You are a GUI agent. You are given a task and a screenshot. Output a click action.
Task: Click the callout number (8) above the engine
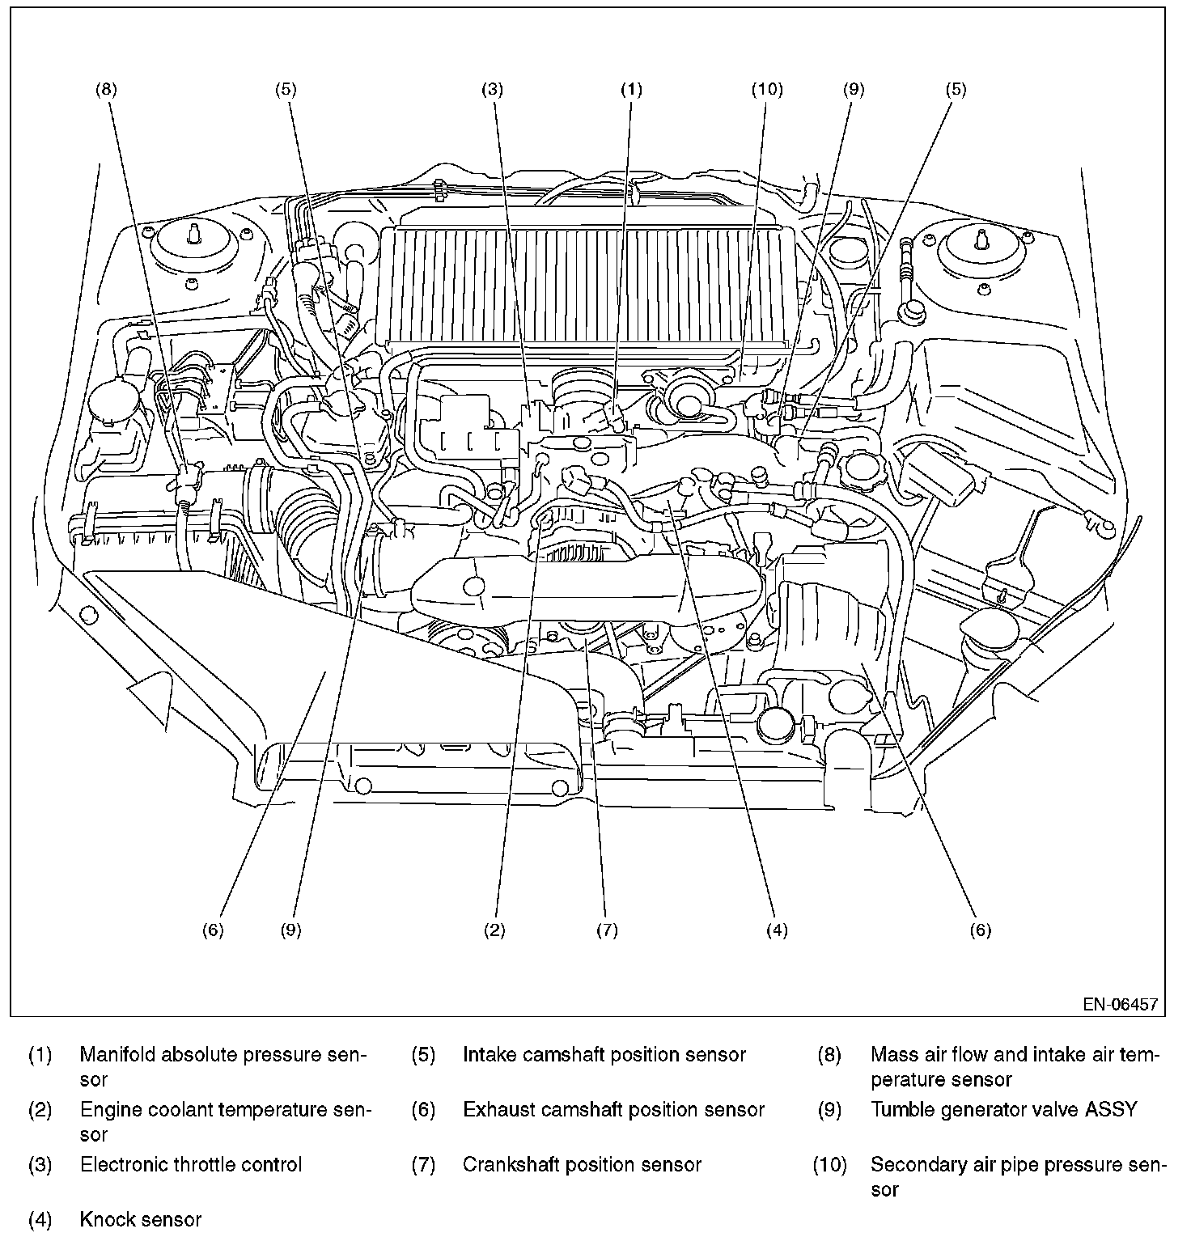tap(106, 89)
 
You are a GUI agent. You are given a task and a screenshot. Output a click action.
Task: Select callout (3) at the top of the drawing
tap(493, 89)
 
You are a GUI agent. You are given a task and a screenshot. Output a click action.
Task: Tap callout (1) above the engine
tap(631, 89)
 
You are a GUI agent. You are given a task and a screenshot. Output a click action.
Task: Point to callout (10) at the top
tap(767, 89)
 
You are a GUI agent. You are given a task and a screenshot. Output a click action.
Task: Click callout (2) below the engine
tap(494, 930)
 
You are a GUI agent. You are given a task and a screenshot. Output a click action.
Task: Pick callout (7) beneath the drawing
tap(607, 930)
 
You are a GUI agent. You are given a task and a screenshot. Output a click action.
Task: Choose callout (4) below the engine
tap(777, 930)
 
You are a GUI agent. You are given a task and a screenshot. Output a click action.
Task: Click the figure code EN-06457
tap(1121, 1004)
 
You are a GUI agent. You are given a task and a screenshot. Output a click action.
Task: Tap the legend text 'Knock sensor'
tap(141, 1219)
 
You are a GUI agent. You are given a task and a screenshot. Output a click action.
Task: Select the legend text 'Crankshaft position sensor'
tap(582, 1164)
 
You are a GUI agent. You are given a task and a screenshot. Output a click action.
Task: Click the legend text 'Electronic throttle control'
tap(191, 1164)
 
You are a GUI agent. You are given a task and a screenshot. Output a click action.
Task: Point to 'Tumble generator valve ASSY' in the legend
tap(1003, 1109)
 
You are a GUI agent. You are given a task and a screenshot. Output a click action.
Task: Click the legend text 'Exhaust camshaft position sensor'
tap(613, 1109)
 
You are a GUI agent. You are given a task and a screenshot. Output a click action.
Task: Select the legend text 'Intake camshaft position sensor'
tap(604, 1054)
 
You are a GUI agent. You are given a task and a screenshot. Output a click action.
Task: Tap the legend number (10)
tap(829, 1164)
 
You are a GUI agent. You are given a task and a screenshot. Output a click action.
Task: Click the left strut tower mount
tap(193, 240)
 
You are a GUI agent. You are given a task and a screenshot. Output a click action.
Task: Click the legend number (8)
tap(829, 1054)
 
